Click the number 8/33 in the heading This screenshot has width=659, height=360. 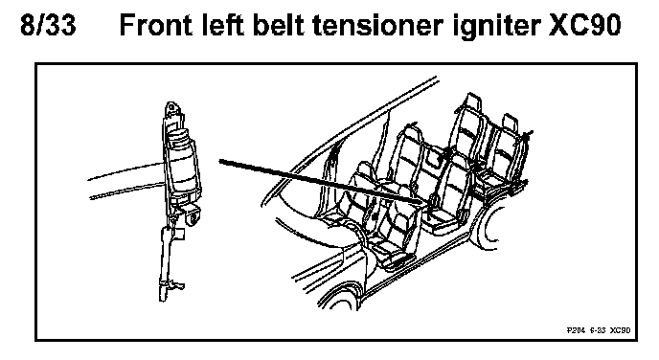[48, 25]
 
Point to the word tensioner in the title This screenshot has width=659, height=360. [377, 25]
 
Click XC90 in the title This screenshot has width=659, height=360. [585, 25]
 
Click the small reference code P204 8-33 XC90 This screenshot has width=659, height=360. [599, 330]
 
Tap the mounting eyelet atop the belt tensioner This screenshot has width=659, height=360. [171, 108]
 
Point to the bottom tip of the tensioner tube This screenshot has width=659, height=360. [163, 299]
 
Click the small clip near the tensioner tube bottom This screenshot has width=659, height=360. [178, 286]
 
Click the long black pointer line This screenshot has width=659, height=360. [320, 182]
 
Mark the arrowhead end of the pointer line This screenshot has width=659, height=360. [420, 203]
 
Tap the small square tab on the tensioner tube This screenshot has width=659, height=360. [179, 234]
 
